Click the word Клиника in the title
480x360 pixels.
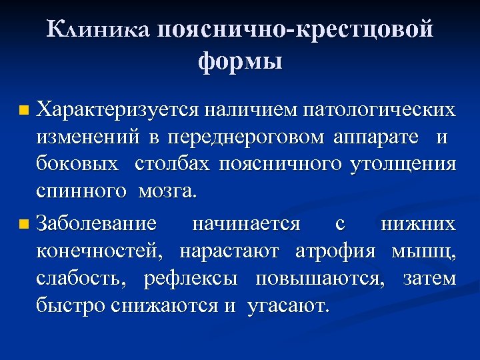coord(99,30)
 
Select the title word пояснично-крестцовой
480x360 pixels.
coord(296,30)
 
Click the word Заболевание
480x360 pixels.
coord(97,223)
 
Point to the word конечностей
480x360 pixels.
coord(99,251)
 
